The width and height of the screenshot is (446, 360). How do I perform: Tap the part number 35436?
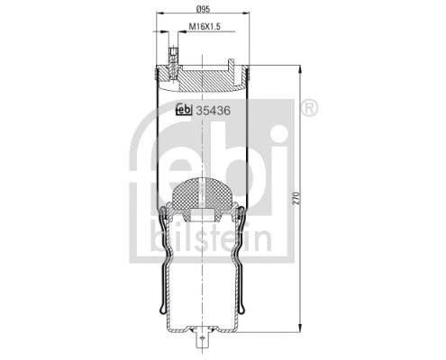(x=214, y=110)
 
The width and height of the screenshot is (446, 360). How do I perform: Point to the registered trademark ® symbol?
(x=306, y=109)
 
